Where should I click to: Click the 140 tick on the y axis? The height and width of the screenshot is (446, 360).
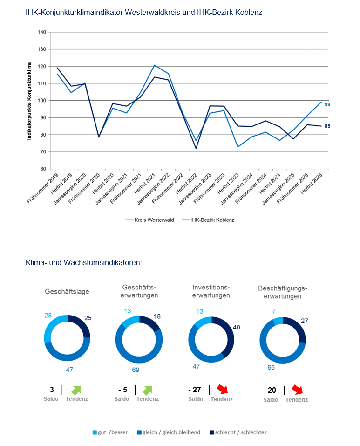click(42, 32)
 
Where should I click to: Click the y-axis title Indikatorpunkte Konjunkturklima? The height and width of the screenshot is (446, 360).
click(29, 100)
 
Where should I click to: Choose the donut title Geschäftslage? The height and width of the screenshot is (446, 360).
click(67, 292)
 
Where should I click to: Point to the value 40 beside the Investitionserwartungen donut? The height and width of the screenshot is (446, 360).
click(236, 328)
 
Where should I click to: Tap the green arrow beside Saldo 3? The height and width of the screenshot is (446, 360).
click(76, 390)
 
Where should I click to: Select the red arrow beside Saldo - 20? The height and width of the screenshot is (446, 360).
click(297, 390)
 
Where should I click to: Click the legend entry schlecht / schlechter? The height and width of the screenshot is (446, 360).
click(238, 432)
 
